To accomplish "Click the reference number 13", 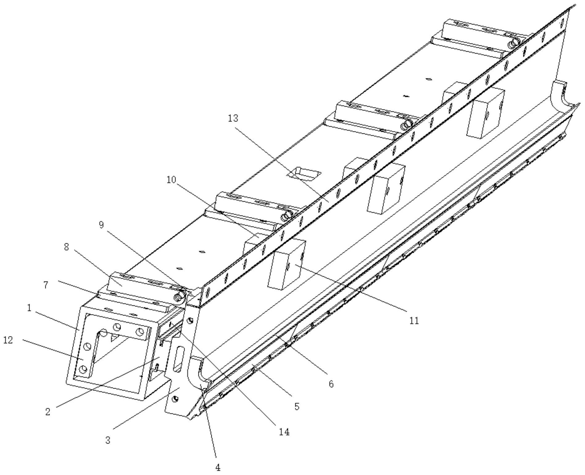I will (233, 118).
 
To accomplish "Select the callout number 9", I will (102, 225).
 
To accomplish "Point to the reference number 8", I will (67, 247).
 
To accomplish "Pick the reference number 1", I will (29, 308).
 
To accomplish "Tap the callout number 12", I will (8, 340).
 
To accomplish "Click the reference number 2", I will (48, 412).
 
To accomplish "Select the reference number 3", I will (108, 440).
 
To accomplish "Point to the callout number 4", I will (218, 468).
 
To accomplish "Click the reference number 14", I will (284, 432).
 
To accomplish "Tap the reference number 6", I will (331, 384).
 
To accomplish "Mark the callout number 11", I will (414, 321).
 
